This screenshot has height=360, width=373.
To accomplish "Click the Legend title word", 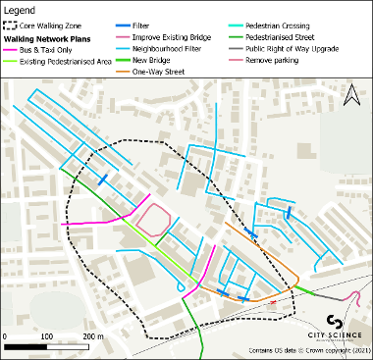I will point(25,9).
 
